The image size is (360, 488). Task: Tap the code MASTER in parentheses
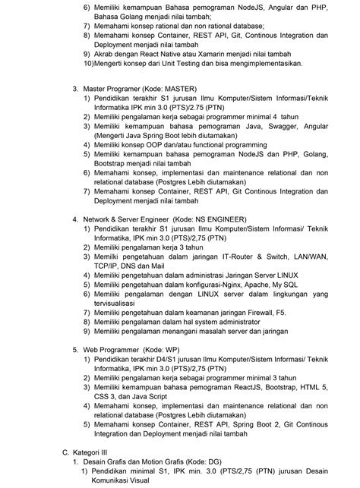coord(181,90)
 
